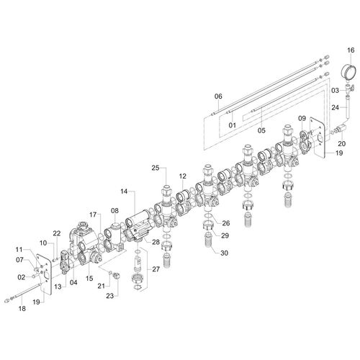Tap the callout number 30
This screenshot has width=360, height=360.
[223, 253]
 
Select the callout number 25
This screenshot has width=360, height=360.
[156, 168]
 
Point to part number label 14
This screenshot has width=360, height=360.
[124, 192]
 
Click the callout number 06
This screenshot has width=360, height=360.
[218, 96]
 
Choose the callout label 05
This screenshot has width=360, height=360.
[261, 130]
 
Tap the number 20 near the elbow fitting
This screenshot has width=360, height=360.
[342, 143]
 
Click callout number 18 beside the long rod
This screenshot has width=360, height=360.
[22, 308]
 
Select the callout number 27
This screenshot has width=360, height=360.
[156, 269]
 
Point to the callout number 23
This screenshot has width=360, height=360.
[110, 296]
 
